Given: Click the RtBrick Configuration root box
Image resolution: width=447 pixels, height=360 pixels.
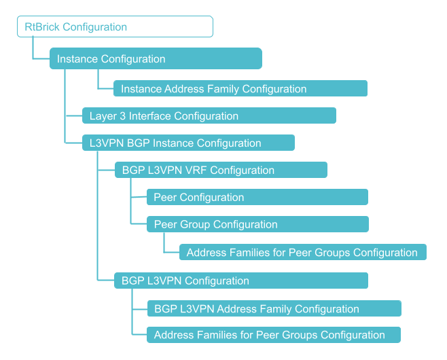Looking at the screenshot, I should coord(115,27).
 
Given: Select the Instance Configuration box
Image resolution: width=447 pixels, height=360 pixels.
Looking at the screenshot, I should coord(156,58).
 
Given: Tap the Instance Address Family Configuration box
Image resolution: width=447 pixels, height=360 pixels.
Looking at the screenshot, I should coord(240,88).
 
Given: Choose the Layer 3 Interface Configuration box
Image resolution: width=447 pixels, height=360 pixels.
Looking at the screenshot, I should coord(209,115).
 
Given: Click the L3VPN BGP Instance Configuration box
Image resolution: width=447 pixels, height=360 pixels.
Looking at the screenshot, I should coord(188,143).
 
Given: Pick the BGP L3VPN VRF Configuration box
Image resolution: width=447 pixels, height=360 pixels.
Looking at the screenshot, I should coord(221,170).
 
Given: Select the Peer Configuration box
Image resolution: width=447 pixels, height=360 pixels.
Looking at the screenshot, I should coord(257,197).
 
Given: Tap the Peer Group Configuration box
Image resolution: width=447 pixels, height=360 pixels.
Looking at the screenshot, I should coord(257,224).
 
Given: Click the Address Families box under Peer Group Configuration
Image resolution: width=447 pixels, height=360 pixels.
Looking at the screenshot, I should coord(302,252).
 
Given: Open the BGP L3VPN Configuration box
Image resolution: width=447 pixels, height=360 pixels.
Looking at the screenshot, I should coord(240,281).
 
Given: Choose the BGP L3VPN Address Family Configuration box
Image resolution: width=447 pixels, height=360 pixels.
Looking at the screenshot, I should coord(274,308).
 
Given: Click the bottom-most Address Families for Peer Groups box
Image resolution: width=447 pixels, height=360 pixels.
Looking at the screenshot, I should coord(273,335).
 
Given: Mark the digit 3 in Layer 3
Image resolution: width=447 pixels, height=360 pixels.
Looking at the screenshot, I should coord(122,116).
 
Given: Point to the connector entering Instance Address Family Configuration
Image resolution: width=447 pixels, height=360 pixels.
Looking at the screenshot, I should coord(98,82).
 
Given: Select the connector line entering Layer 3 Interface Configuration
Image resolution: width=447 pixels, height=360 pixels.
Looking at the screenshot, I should coord(73,115).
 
